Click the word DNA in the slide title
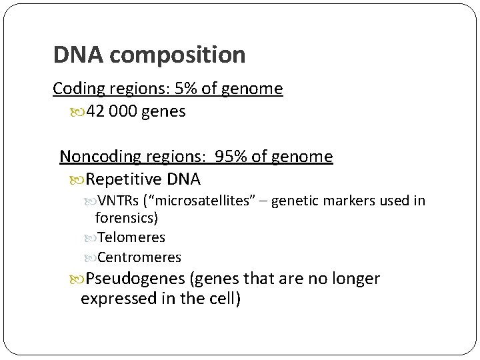point(78,55)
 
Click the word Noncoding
point(100,157)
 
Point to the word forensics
point(125,217)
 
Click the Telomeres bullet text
point(131,237)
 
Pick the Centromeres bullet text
point(139,257)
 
